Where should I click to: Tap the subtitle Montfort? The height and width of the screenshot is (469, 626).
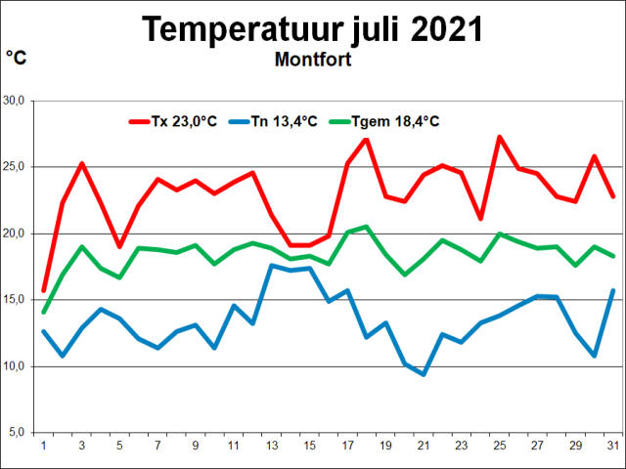pos(313,59)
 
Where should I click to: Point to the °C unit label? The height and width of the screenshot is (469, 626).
pos(17,58)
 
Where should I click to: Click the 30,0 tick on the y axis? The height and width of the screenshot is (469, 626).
pos(17,101)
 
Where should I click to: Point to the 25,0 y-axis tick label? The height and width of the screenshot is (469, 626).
pos(17,167)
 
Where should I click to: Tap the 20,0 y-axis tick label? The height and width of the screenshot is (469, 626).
pos(17,234)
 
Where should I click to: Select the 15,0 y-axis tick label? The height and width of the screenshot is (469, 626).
pos(17,300)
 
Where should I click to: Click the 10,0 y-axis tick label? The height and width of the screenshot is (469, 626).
pos(17,366)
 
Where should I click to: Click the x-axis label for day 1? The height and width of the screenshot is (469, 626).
pos(43,446)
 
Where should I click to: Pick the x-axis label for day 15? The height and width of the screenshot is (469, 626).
pos(309,446)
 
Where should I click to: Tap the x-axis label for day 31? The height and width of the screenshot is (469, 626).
pos(613,446)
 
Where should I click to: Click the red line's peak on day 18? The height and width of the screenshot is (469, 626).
pos(366,139)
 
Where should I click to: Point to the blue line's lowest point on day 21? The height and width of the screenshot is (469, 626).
pos(424,374)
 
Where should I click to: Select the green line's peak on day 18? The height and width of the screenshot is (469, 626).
pos(366,227)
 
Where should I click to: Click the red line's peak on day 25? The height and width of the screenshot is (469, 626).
pos(500,137)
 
